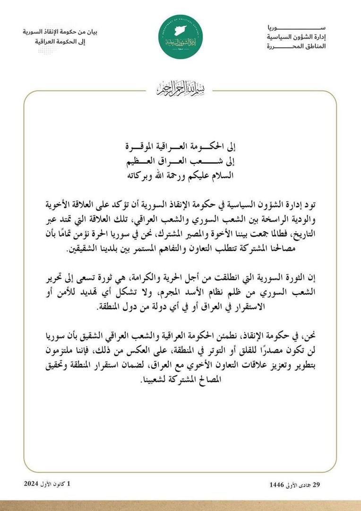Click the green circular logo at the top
(180, 37)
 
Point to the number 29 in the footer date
(323, 485)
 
